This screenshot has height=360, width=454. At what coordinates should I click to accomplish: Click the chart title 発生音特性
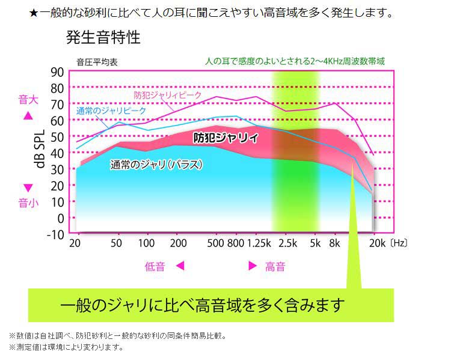pos(103,38)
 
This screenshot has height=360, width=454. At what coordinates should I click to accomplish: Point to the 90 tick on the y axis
pos(57,72)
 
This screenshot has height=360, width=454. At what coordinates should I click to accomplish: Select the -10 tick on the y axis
pos(55,234)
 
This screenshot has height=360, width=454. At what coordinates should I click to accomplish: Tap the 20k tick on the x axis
pos(376,243)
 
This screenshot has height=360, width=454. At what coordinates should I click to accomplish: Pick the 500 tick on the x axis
pos(215,243)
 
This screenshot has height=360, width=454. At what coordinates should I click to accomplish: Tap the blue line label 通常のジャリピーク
pos(111,111)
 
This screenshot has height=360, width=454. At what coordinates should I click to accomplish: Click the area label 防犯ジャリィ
pos(225,138)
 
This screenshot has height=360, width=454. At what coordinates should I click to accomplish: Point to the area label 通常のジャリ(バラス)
pos(156,164)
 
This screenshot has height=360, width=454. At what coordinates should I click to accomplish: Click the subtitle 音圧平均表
pos(97,62)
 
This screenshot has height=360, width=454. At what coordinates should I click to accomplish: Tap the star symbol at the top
pos(34,13)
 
